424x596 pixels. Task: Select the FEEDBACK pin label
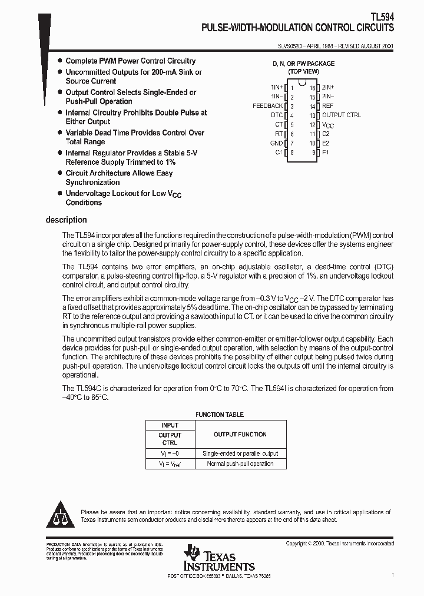coord(267,106)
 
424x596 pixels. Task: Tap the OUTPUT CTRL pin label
coord(342,115)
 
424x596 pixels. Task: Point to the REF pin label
coord(328,106)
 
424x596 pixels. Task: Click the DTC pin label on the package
coord(277,115)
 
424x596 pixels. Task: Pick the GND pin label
coord(276,143)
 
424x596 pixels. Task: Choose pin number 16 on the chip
coord(312,87)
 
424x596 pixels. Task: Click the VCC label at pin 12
coord(328,125)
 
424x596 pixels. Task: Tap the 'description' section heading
coord(66,220)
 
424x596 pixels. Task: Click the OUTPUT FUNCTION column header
coord(240,435)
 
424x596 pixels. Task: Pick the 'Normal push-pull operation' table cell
coord(240,464)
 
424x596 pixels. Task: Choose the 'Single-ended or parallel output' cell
coord(240,453)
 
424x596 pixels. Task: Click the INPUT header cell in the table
coord(170,425)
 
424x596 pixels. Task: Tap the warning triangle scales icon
coord(61,515)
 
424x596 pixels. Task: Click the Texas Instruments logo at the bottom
coord(218,558)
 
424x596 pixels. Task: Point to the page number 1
coord(392,575)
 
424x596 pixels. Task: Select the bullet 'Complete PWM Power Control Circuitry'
coord(130,61)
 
